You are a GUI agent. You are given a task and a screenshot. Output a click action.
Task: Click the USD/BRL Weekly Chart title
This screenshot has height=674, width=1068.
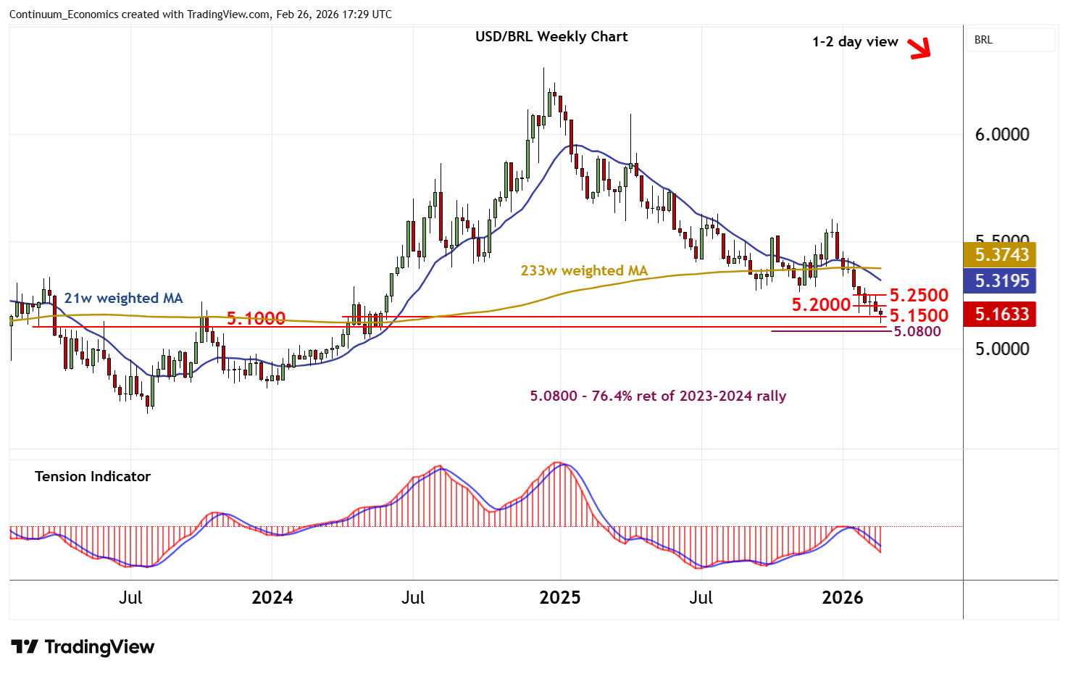[551, 37]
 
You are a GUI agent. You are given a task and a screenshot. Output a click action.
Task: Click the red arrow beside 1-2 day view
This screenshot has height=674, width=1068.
[919, 49]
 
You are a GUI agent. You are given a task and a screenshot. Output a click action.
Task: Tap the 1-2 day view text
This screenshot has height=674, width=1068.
[855, 42]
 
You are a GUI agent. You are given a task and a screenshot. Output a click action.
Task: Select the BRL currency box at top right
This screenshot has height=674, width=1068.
[1011, 40]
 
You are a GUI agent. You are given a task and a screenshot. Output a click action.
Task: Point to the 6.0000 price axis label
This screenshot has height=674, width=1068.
[1002, 135]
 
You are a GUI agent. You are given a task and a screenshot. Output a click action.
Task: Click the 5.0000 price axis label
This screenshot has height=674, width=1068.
[1002, 349]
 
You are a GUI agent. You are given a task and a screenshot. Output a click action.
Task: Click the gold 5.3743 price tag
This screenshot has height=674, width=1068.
[1002, 254]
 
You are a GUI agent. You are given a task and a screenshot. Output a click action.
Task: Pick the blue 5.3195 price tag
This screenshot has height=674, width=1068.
[1002, 280]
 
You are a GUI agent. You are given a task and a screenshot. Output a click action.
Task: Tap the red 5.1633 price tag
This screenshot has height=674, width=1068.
[1002, 314]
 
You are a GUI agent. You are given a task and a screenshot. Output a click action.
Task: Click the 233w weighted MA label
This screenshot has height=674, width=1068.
[584, 271]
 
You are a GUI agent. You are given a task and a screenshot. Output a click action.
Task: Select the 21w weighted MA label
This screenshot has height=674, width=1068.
[123, 299]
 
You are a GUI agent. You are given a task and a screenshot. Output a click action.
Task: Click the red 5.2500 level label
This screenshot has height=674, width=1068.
[919, 296]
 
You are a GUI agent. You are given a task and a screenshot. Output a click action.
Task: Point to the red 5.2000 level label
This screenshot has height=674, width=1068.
[821, 305]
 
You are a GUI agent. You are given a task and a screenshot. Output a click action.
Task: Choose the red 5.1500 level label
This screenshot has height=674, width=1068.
[919, 315]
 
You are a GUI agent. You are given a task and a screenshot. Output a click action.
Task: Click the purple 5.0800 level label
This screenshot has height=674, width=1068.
[917, 332]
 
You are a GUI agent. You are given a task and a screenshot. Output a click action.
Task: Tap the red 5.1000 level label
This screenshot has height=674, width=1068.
[256, 318]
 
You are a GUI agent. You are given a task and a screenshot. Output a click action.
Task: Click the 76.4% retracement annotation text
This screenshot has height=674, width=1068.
[658, 396]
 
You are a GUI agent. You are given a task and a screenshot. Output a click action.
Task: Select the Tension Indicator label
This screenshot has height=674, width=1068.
[93, 477]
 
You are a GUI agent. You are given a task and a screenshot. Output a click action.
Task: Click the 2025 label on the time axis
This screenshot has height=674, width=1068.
[560, 598]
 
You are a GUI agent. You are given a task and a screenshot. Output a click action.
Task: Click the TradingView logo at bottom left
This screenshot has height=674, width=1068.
[83, 647]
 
